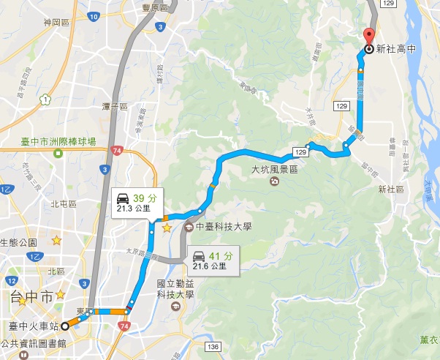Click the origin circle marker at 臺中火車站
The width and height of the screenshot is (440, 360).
(65, 326)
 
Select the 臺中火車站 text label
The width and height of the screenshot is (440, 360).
(33, 326)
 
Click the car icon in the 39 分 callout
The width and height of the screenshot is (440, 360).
(122, 197)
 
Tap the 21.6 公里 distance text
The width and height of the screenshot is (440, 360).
(209, 266)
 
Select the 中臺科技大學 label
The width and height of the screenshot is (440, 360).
(222, 227)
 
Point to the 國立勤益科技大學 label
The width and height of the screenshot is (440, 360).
(175, 289)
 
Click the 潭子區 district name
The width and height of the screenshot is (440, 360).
(115, 107)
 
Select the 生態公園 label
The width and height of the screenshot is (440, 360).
(18, 242)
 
